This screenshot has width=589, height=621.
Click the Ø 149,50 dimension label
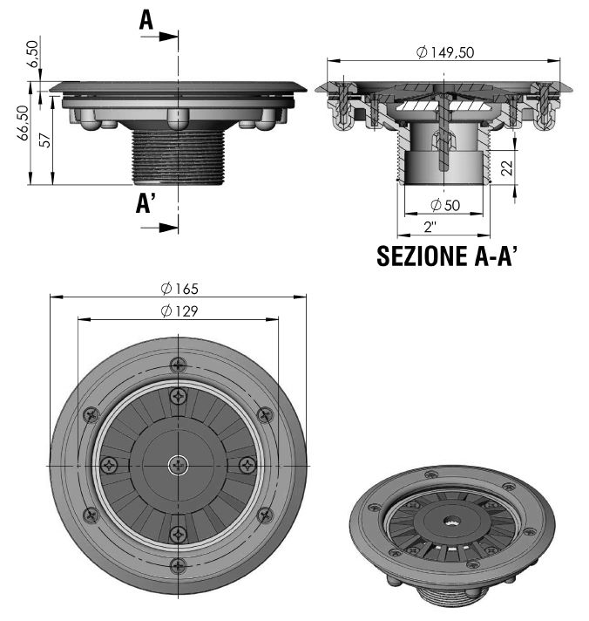444,51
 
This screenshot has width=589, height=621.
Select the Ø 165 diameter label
179,289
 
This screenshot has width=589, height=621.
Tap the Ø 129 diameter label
179,311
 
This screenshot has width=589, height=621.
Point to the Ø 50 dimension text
445,205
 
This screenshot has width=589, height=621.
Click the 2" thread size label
430,227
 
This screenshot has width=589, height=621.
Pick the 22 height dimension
507,168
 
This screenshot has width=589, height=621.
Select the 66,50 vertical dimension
23,122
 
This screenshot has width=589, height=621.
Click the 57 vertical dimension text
45,140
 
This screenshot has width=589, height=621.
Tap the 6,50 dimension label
33,54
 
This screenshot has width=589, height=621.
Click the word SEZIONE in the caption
422,256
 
